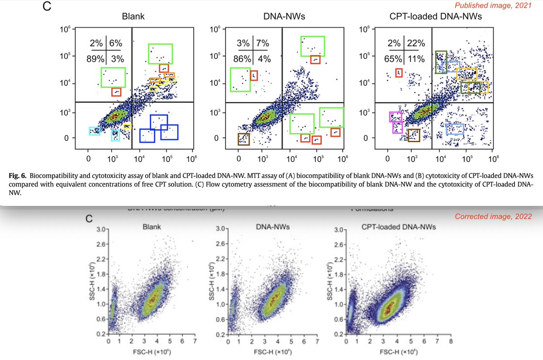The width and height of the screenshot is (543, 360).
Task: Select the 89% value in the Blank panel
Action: tap(96, 58)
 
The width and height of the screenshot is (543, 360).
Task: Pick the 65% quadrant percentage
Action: tap(396, 58)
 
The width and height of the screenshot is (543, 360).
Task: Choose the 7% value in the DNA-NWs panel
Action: tap(262, 43)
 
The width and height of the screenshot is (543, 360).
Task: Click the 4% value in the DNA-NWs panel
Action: tap(262, 58)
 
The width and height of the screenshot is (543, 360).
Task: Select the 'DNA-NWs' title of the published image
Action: tap(278, 17)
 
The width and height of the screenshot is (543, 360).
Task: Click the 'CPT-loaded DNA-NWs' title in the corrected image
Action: tap(398, 226)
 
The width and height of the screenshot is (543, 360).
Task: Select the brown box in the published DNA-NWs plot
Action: tap(243, 139)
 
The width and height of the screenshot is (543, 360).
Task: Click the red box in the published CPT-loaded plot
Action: tap(399, 72)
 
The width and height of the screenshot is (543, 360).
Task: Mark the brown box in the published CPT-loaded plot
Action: tap(414, 135)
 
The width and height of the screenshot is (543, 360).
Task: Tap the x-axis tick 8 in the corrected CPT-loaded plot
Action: tap(451, 341)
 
